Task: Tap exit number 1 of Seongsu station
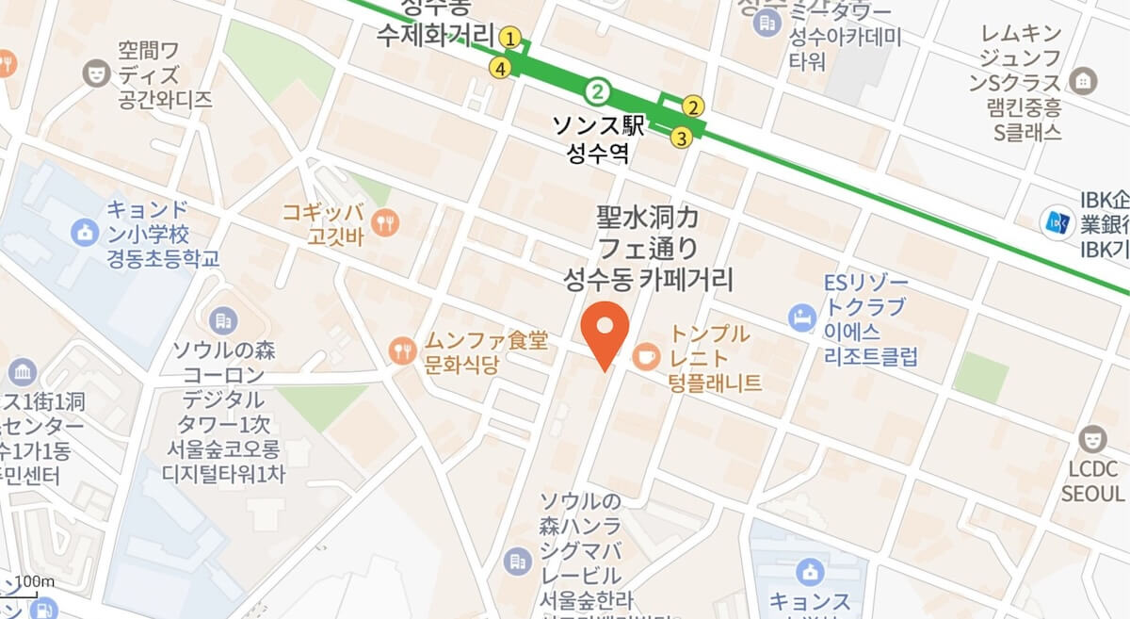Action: (x=510, y=38)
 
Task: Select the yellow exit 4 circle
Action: (x=501, y=68)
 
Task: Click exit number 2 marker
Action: (x=694, y=106)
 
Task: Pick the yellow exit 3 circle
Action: (x=681, y=138)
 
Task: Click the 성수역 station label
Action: (x=598, y=153)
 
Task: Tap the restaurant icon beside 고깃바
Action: (x=385, y=222)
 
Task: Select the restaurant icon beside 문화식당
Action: (x=402, y=350)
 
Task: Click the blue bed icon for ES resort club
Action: (x=801, y=317)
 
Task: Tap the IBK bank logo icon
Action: (x=1054, y=222)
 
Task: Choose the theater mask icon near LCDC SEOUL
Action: (x=1092, y=438)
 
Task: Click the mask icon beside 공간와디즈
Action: (x=94, y=73)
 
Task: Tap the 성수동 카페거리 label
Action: (x=648, y=279)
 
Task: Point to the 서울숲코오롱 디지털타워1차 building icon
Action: (x=224, y=321)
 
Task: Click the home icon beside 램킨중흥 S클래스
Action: (x=1084, y=81)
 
